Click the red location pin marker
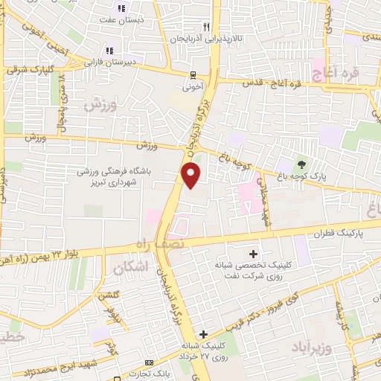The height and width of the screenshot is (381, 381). pos(192,177)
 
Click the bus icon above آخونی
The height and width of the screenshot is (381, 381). pos(193,74)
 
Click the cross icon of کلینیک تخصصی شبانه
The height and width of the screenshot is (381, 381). pos(254,254)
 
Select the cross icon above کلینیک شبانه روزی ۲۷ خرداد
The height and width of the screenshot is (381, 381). pos(203,334)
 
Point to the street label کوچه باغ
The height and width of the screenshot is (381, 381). pos(235,154)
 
